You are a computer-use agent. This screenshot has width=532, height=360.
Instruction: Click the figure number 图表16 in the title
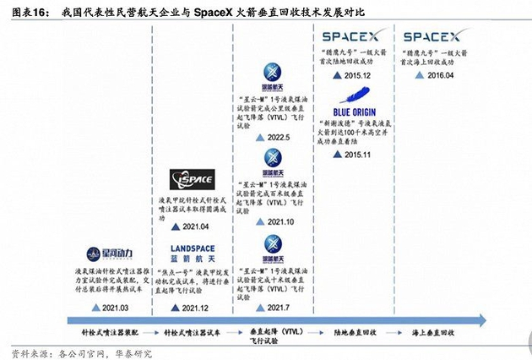(24, 12)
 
